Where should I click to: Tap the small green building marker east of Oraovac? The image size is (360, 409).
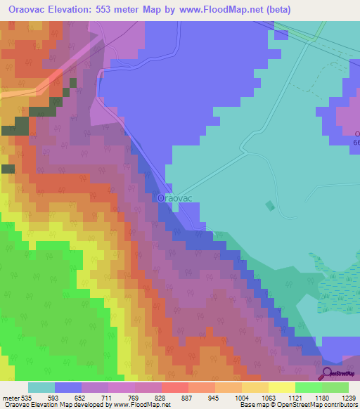coord(271,205)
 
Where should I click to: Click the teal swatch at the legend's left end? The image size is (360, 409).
coord(41,387)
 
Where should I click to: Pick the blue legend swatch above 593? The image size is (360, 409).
coord(68,387)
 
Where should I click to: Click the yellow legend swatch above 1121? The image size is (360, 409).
coord(281,387)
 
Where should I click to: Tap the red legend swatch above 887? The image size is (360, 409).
coord(174,387)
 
